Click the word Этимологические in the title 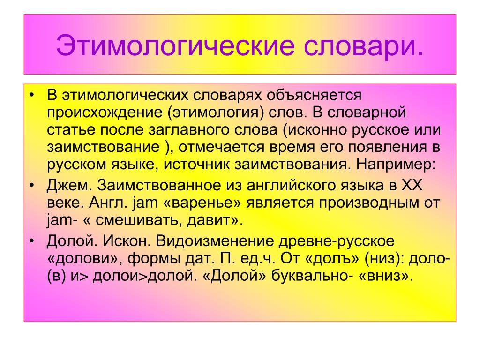tap(175, 45)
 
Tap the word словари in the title tap(360, 45)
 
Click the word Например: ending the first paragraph tap(396, 165)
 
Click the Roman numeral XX tap(412, 185)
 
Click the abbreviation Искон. tap(127, 241)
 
